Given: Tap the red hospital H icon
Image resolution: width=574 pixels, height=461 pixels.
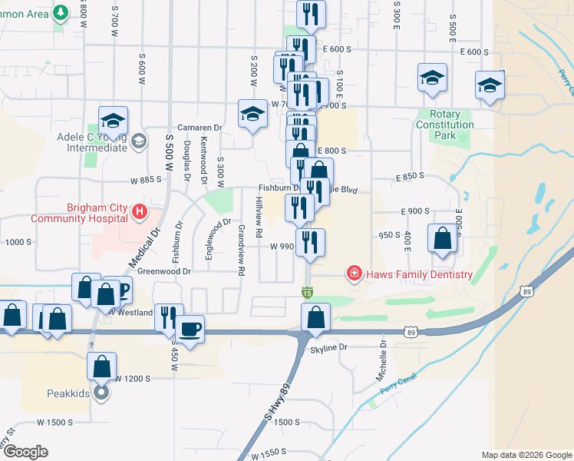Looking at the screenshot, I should (139, 211).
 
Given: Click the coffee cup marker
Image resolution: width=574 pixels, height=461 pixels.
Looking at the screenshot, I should (190, 329).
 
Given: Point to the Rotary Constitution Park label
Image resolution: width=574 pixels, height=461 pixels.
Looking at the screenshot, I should (445, 124).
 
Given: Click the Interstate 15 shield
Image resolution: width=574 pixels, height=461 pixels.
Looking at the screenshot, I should (307, 292).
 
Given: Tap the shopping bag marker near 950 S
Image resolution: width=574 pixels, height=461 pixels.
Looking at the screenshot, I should (442, 238).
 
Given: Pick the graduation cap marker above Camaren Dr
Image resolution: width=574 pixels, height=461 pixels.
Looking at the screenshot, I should (252, 114).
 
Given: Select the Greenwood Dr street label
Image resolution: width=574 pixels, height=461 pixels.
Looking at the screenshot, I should (163, 271).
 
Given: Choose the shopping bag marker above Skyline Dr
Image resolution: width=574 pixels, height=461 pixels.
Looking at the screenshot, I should (315, 317).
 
